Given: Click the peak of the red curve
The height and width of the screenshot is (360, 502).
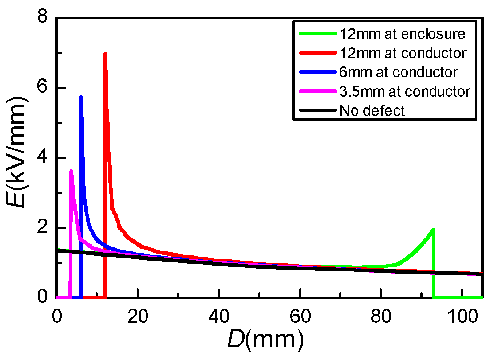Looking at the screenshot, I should pos(105,54).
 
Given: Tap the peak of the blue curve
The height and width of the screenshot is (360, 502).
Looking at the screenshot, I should pos(81,97).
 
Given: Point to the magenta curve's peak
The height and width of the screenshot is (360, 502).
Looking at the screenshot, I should pos(71,171).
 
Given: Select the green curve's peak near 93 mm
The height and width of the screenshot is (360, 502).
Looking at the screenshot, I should pos(433,230).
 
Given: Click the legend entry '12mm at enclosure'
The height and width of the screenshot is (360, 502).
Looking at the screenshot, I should pos(402,34).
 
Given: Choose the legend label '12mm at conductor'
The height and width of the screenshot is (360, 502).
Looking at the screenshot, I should pos(403,53).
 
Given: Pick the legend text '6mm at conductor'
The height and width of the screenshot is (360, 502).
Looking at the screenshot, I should pos(398,72).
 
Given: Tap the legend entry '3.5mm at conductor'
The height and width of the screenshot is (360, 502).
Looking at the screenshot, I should pos(405,91).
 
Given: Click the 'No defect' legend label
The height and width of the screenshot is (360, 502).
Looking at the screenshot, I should pos(372,111).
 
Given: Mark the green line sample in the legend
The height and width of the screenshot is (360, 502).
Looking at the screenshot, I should pos(317,34).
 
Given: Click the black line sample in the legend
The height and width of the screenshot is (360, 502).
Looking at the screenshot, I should pos(317,111).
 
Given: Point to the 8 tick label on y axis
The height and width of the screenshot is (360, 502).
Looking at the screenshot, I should pos(43,17).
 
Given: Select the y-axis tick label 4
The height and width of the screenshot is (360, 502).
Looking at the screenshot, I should pos(43,158).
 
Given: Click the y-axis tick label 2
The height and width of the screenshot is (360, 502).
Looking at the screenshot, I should pos(43,228).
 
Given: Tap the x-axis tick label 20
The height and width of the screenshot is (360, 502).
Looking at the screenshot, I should pos(138,316).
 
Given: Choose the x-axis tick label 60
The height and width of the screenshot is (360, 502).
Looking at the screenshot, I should pos(300,316).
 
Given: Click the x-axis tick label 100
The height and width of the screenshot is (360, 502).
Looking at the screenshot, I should pos(462,316).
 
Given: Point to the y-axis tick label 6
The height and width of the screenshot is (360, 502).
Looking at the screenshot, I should pos(43,88).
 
